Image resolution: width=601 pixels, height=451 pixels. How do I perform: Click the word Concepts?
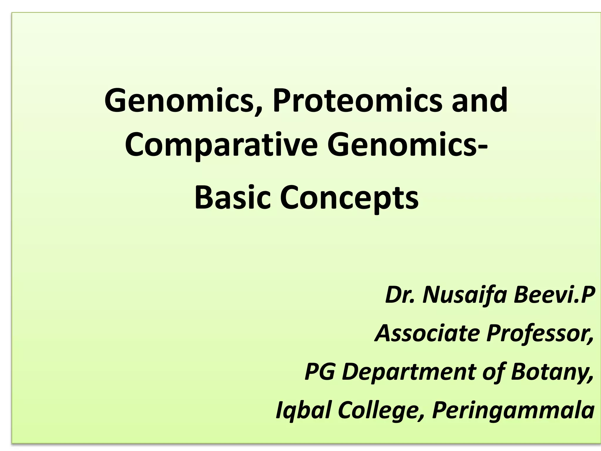coord(349,198)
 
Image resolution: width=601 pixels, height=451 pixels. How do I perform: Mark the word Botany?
coord(552,372)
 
